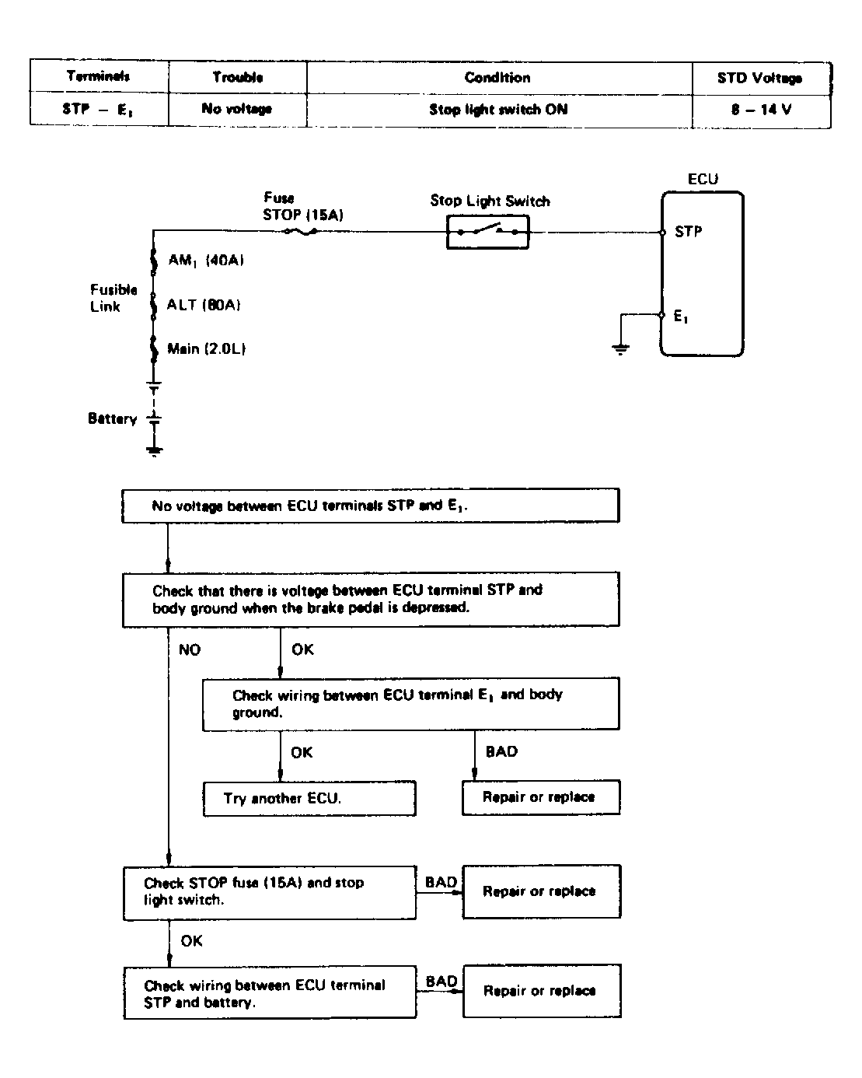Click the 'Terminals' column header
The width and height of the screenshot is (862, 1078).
99,76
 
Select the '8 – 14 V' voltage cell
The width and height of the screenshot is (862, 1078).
761,109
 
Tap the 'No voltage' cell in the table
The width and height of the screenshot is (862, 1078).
237,109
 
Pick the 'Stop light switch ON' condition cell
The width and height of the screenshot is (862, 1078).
498,109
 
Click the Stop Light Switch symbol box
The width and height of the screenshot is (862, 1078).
487,232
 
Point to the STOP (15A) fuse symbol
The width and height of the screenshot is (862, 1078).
301,232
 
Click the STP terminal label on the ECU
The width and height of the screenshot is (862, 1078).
689,232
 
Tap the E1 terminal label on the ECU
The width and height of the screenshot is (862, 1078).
681,316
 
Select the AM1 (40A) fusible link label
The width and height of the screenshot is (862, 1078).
206,260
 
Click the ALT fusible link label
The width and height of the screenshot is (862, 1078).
203,305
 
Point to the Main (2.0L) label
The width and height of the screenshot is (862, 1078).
206,348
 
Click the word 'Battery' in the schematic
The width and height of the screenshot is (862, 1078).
112,418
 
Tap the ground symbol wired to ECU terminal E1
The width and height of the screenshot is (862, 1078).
620,348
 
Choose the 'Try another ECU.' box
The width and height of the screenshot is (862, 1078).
309,798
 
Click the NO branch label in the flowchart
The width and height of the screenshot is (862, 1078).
189,649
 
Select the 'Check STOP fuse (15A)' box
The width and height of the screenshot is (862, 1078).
269,893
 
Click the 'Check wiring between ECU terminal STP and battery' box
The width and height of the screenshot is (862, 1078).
270,992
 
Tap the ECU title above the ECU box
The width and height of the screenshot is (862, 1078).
703,180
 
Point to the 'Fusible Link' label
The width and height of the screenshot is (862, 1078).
113,298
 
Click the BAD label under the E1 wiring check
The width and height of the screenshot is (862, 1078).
501,751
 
